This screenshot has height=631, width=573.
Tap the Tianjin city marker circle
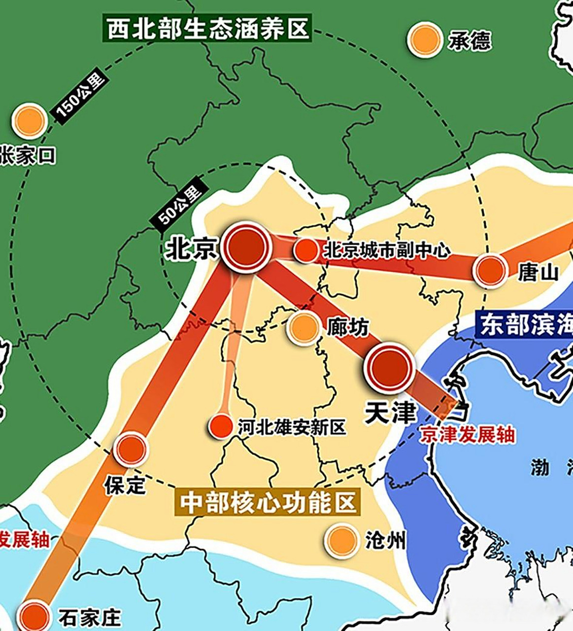389,368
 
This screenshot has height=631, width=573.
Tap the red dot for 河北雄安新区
220,425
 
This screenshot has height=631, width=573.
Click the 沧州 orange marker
341,540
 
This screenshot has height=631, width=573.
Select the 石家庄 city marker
35,617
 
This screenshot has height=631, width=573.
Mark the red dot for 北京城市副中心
306,250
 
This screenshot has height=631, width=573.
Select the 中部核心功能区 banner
268,503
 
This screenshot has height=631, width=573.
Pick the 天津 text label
390,413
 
